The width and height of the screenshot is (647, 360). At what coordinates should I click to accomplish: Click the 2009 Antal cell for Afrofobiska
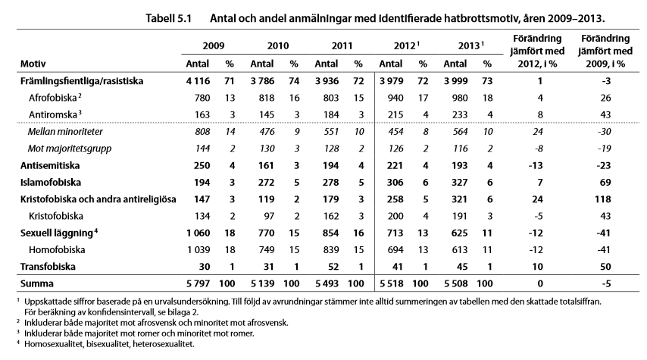coord(202,98)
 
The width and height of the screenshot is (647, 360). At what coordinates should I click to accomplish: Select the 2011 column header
coord(342,45)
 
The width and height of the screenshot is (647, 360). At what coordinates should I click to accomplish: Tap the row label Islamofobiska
coord(51,183)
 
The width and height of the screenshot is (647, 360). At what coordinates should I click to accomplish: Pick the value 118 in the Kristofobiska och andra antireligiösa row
coord(603,199)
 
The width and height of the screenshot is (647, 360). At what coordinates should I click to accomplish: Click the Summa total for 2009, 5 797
coord(198,283)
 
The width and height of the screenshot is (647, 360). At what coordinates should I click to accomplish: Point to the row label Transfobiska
coord(48,267)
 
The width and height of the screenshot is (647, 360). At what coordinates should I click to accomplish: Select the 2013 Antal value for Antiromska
coord(460,114)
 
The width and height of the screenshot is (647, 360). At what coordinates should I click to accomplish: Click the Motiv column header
coord(33,64)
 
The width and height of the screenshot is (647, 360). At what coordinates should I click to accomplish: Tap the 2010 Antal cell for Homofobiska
coord(267,250)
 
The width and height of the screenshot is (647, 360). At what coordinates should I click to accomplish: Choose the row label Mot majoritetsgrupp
coord(70,149)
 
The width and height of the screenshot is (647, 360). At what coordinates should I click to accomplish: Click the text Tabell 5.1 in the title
coord(169,19)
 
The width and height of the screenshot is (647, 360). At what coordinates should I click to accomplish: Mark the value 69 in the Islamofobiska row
coord(605,183)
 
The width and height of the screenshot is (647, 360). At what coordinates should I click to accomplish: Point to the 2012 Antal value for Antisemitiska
coord(395,165)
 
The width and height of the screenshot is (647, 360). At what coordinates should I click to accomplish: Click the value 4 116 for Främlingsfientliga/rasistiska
coord(198,81)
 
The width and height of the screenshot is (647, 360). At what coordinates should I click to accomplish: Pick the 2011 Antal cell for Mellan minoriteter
coord(331,132)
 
